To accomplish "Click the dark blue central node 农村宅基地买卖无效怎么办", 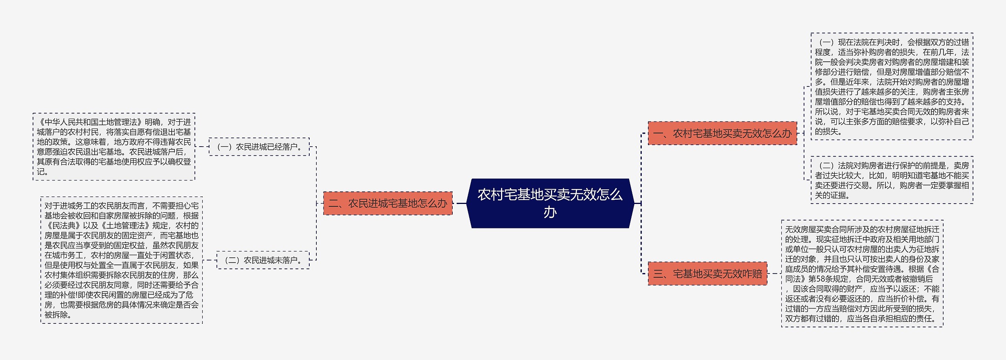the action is click(x=550, y=203).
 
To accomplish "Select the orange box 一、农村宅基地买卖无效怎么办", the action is click(x=722, y=133).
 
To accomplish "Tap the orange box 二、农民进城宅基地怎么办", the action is click(x=388, y=203).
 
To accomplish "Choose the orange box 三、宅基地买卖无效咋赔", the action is click(x=707, y=274).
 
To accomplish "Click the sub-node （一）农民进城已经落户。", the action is click(x=259, y=147).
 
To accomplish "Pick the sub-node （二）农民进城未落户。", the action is click(x=263, y=260).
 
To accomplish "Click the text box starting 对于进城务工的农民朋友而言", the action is click(x=121, y=260).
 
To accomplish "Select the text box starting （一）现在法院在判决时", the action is click(x=892, y=86).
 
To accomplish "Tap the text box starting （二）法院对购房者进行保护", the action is click(x=892, y=180).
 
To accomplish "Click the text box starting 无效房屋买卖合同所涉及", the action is click(x=862, y=274).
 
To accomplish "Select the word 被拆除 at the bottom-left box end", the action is click(x=56, y=315).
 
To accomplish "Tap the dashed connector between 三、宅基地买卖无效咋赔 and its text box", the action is click(x=774, y=274).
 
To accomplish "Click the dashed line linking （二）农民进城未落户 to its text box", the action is click(x=210, y=260).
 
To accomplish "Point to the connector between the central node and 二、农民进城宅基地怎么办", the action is click(x=459, y=203).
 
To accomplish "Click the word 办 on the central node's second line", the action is click(x=550, y=212).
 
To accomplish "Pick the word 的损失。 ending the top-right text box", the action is click(x=829, y=132).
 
